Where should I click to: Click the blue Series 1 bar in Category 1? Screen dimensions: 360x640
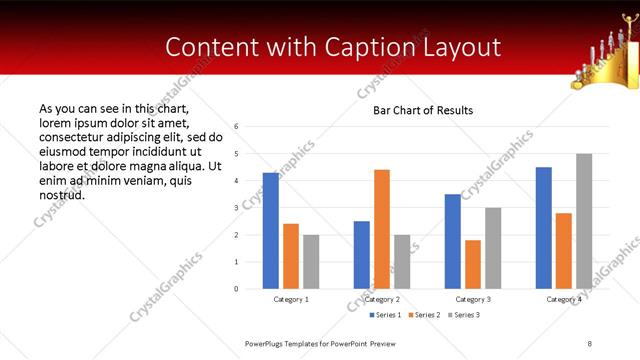tap(270, 231)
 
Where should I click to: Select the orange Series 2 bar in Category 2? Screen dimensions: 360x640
tap(382, 229)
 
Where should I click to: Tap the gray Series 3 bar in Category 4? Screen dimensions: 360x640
tap(584, 221)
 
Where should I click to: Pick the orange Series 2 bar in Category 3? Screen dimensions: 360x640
tap(473, 264)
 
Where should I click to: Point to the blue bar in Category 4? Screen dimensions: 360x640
tap(544, 228)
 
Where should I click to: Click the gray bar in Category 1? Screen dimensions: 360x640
tap(311, 262)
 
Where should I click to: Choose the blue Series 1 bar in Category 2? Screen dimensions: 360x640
tap(361, 255)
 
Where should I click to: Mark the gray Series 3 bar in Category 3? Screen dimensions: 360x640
tap(493, 248)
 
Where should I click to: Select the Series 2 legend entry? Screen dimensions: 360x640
tap(425, 315)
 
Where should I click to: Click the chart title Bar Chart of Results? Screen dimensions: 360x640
tap(423, 110)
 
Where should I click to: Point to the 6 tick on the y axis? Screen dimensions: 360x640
tap(236, 127)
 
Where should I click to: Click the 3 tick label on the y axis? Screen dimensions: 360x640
tap(236, 208)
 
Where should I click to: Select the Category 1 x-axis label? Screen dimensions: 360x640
tap(291, 299)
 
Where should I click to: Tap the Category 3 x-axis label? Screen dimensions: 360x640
tap(473, 299)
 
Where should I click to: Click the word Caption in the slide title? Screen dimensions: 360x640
tap(379, 47)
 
